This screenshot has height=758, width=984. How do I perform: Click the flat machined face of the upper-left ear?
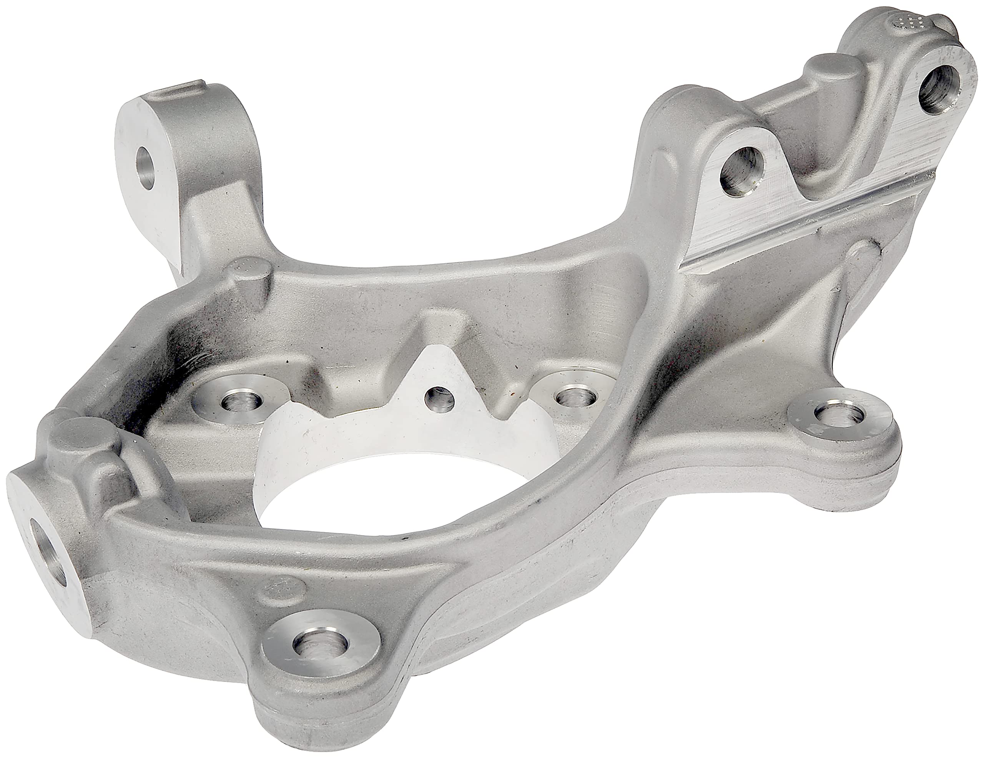[138, 149]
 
